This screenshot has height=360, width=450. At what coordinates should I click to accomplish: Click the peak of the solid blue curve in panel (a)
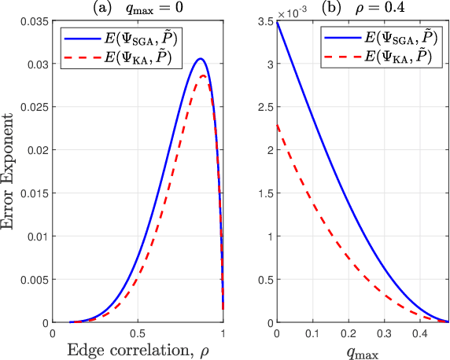point(201,59)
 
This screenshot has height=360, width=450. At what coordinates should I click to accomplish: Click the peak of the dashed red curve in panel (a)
point(202,75)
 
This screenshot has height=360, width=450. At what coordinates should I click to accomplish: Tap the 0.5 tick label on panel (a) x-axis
point(138,333)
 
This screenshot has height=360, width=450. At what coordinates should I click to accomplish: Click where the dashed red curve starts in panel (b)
point(276,124)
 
